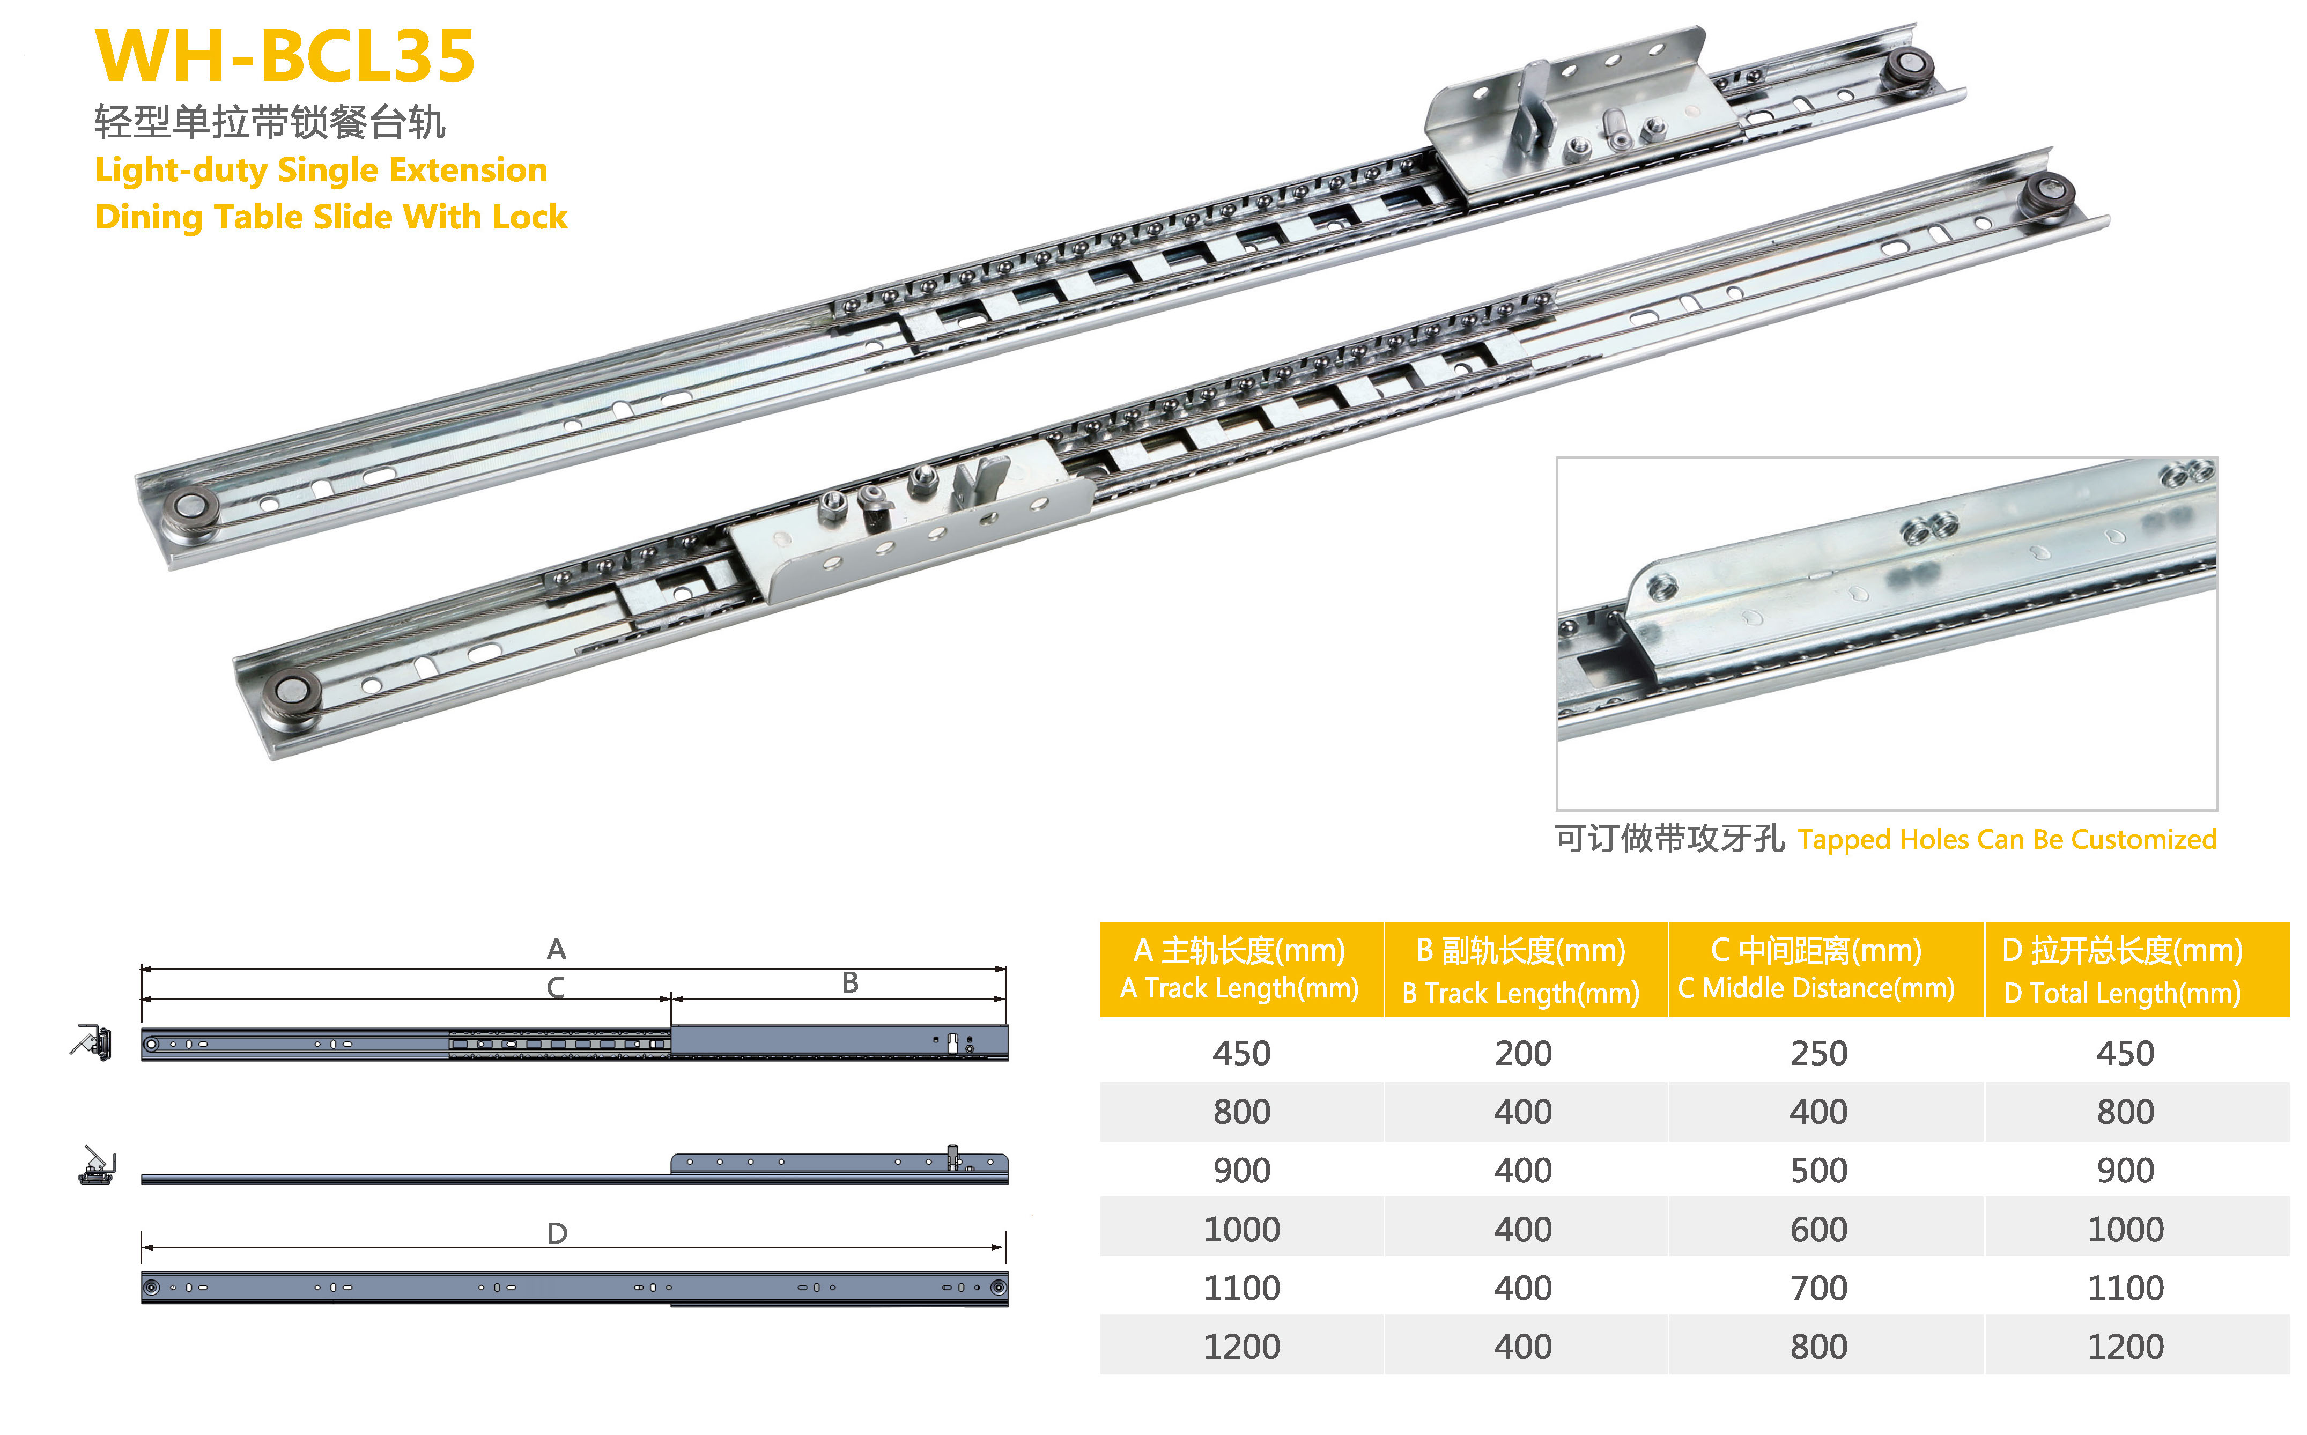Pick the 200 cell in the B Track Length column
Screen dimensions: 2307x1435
(1523, 1054)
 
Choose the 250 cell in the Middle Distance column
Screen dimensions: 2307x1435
(1819, 1054)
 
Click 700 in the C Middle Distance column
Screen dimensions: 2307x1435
(1819, 1288)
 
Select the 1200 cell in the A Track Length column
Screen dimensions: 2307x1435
(1241, 1347)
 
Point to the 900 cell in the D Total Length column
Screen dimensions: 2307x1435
(2126, 1170)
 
